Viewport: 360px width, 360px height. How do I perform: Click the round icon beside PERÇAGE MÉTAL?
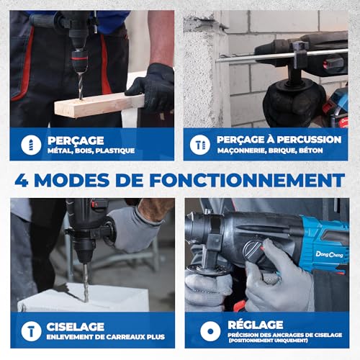click(x=30, y=144)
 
